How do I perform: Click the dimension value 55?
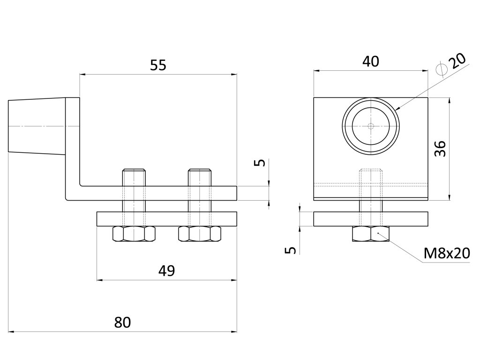tap(158, 65)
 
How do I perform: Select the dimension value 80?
tap(122, 322)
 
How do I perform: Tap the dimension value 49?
tap(166, 271)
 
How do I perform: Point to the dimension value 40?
tap(371, 61)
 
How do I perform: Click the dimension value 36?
tap(440, 149)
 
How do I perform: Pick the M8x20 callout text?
tap(446, 254)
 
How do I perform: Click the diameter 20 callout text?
tap(452, 63)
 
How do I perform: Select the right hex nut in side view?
tap(199, 234)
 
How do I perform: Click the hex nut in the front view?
tap(371, 234)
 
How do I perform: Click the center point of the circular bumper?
tap(371, 126)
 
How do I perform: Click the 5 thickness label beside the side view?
tap(262, 163)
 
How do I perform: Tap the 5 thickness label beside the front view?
tap(292, 250)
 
